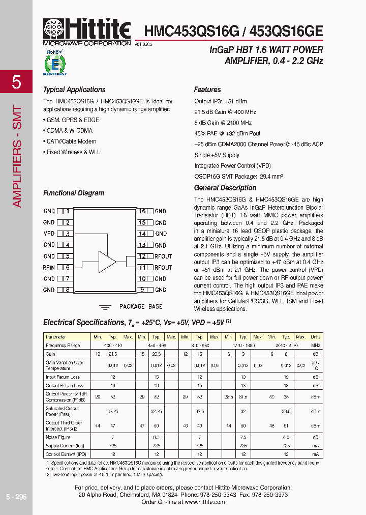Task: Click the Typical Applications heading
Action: [74, 90]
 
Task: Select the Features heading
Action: [207, 90]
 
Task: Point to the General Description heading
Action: [225, 188]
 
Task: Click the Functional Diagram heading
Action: [74, 193]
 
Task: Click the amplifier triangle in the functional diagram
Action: [107, 262]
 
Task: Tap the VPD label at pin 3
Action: [49, 234]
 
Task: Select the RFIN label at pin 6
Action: [49, 267]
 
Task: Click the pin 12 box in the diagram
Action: [143, 256]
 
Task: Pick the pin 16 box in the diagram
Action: [143, 211]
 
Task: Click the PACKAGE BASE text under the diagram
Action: [141, 306]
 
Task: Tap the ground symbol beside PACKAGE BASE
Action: [105, 307]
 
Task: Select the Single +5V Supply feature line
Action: [217, 155]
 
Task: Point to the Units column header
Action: [315, 337]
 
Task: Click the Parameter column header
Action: [56, 337]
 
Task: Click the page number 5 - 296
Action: [16, 497]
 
